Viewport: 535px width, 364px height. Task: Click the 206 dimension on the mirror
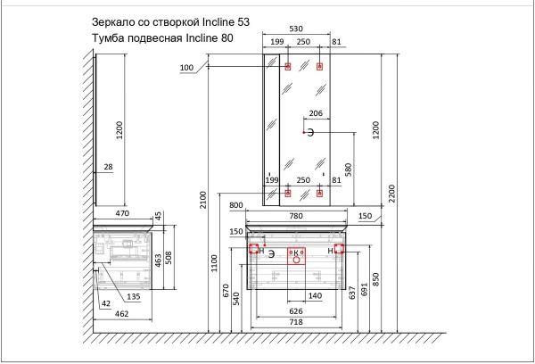[316, 113]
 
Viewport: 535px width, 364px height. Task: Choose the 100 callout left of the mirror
[185, 68]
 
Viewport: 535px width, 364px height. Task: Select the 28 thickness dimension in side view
[108, 167]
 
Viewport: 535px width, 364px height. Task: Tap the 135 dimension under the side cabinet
[134, 297]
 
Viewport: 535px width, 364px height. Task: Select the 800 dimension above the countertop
[235, 205]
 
